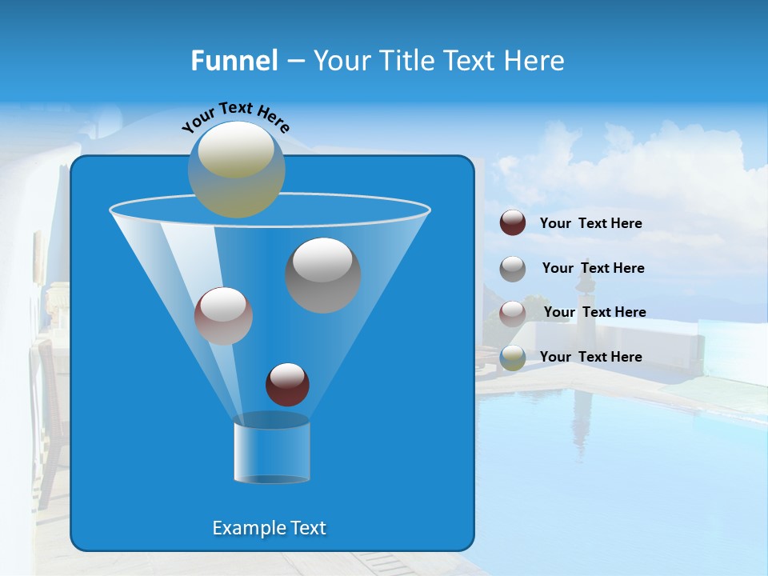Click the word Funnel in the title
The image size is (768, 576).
(x=234, y=61)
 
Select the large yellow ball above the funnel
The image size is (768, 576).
(x=237, y=169)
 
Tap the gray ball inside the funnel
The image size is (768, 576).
(x=323, y=274)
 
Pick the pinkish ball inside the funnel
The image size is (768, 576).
(x=223, y=315)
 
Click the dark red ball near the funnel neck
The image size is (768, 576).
(x=287, y=384)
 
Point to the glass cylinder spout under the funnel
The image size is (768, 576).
(x=271, y=450)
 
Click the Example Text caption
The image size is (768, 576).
(x=269, y=528)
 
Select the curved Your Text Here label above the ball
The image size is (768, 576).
(x=236, y=116)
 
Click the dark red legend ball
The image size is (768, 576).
(x=513, y=222)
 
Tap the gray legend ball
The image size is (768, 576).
(x=513, y=268)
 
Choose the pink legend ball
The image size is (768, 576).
(x=513, y=313)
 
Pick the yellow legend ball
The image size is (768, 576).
(x=513, y=358)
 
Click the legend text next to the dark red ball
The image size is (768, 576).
(x=590, y=223)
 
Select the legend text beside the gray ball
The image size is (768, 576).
(x=593, y=268)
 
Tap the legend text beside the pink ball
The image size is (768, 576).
(x=594, y=312)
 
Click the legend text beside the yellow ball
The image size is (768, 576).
(x=590, y=357)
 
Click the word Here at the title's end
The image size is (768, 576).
(x=534, y=61)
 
